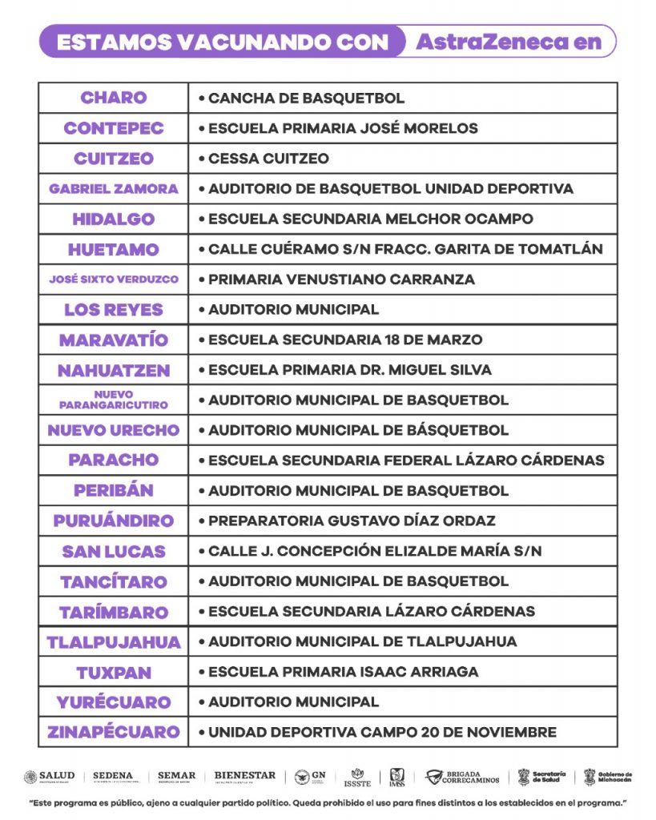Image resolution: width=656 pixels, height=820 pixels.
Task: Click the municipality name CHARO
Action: click(x=113, y=98)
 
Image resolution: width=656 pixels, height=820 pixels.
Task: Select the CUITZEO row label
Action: click(x=113, y=159)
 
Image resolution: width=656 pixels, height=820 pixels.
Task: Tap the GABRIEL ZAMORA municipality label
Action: click(x=113, y=189)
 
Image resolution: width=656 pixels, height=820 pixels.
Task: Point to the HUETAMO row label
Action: click(x=113, y=249)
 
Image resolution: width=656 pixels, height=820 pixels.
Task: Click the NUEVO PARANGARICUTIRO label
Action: click(x=113, y=400)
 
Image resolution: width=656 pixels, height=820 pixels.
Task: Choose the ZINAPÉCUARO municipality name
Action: click(x=113, y=732)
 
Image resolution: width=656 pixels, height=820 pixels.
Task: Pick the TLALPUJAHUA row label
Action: click(x=113, y=642)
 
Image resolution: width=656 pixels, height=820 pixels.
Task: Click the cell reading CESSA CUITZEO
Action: click(x=268, y=159)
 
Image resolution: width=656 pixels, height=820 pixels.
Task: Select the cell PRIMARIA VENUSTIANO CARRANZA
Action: click(x=341, y=279)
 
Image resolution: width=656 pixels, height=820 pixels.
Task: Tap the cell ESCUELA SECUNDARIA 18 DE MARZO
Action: click(x=345, y=340)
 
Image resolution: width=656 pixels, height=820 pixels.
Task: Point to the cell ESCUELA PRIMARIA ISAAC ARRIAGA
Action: click(x=343, y=672)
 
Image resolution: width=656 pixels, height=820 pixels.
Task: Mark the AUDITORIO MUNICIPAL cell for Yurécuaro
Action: click(x=293, y=702)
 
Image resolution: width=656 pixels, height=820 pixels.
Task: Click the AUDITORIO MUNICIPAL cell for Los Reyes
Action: click(x=293, y=310)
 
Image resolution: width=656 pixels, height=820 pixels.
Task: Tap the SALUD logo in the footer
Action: click(x=50, y=776)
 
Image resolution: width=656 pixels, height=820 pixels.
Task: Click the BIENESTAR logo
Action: click(x=244, y=776)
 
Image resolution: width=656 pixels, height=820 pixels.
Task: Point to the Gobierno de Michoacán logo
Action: click(x=608, y=777)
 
